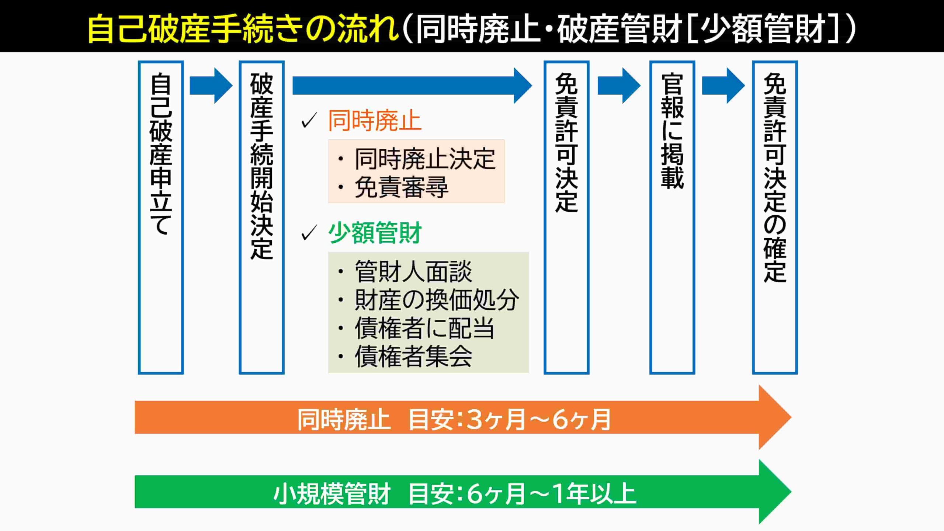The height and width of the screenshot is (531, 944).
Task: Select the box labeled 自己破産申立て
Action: [x=161, y=218]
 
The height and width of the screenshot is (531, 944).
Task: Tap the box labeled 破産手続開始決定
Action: [x=261, y=218]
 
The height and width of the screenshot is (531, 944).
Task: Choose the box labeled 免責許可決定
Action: [x=566, y=218]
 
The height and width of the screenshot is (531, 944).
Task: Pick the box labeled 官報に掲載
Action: [x=672, y=218]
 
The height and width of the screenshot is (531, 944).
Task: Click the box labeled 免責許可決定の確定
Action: [x=775, y=218]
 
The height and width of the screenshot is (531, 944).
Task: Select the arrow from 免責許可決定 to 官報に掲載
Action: [x=619, y=86]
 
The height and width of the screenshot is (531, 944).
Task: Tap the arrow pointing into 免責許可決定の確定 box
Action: [x=723, y=86]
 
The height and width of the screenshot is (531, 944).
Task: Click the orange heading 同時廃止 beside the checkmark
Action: [x=375, y=121]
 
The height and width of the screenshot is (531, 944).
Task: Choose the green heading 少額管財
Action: [x=375, y=233]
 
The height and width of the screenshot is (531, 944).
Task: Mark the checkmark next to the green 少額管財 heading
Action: [x=309, y=233]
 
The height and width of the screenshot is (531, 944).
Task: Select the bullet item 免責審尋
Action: [x=401, y=187]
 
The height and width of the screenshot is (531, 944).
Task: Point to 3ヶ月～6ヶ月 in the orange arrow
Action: [x=538, y=419]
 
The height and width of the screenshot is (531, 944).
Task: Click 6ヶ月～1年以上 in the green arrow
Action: [x=551, y=494]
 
